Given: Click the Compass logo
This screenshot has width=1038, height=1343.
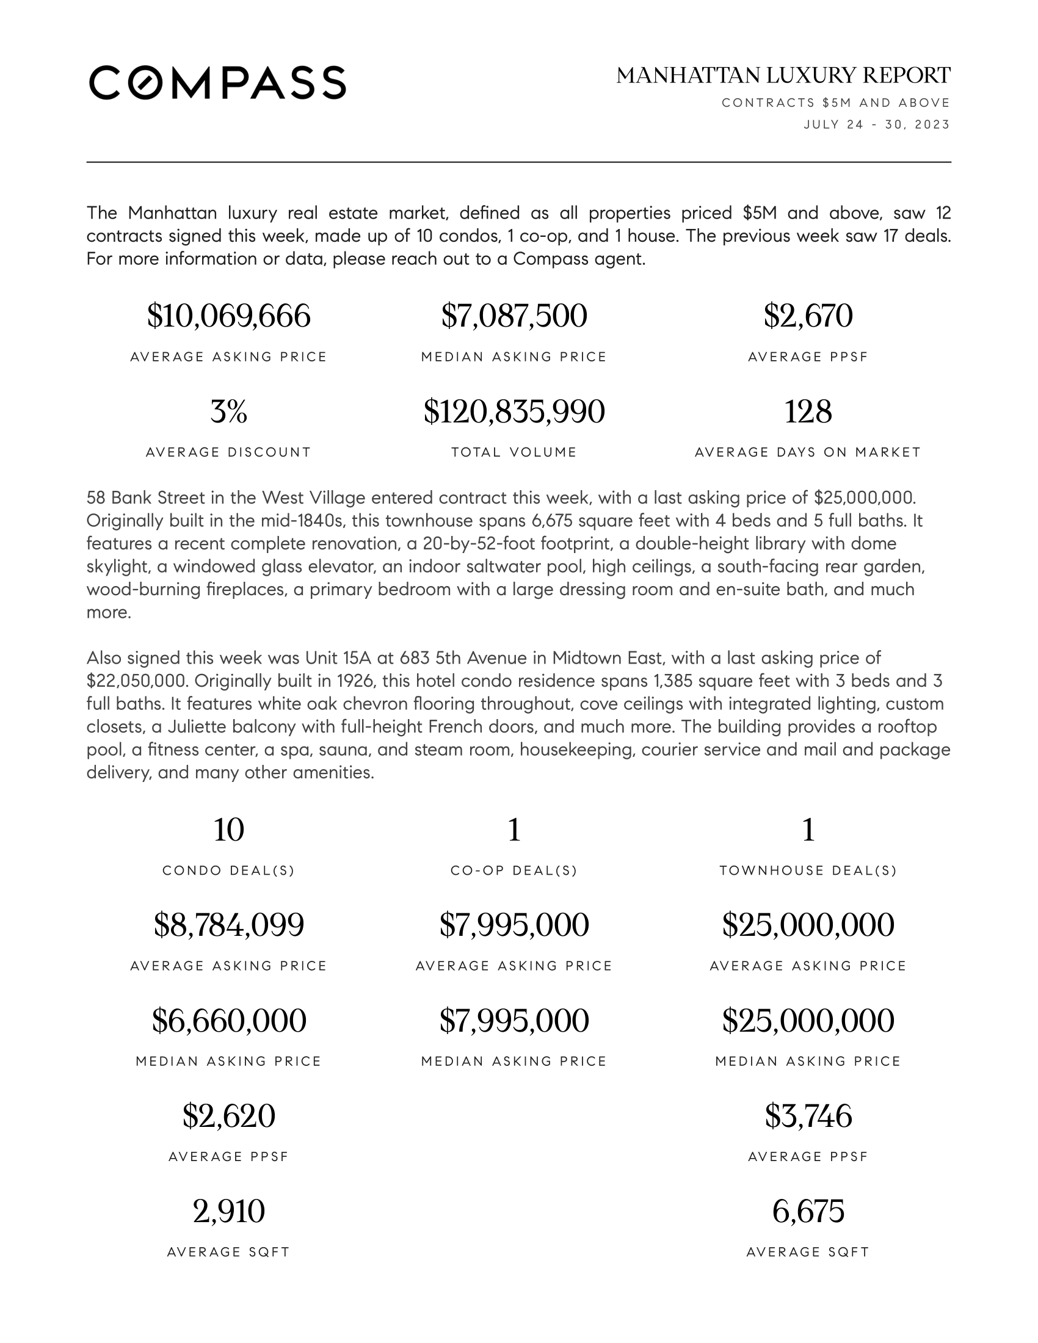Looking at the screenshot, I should (217, 82).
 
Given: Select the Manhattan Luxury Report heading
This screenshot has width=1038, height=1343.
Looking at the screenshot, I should (783, 76).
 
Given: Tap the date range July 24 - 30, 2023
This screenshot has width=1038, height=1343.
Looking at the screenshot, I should (876, 125).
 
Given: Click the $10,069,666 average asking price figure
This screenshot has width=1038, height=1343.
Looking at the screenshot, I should (229, 316).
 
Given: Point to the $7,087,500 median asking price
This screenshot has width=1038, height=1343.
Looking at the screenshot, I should (514, 316).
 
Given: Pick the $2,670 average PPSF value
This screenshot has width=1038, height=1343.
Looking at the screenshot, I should (808, 316).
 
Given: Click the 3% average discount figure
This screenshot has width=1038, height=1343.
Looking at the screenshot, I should (229, 411).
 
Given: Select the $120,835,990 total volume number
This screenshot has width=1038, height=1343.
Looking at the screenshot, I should (514, 411).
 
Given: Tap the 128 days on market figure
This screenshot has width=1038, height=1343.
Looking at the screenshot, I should (808, 411).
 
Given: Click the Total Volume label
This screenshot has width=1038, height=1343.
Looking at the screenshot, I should (514, 452).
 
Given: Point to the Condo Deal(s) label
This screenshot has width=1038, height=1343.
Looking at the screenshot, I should (229, 871).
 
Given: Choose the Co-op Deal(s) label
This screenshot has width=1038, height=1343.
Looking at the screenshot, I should (514, 871).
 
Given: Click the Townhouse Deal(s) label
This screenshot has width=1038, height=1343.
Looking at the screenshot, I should (808, 871).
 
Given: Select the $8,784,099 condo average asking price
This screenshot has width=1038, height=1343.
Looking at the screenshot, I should (229, 925).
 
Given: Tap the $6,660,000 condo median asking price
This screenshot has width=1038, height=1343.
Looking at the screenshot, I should (229, 1021).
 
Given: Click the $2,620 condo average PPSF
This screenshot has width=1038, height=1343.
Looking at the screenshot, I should (229, 1116).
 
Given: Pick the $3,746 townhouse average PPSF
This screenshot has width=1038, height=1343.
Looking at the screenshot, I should (808, 1116).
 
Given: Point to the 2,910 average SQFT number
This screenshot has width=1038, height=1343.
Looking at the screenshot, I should (229, 1211).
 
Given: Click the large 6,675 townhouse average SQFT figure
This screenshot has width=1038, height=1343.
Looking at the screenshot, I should (808, 1211).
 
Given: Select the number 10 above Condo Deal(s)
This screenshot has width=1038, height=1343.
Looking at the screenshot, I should (229, 830).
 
